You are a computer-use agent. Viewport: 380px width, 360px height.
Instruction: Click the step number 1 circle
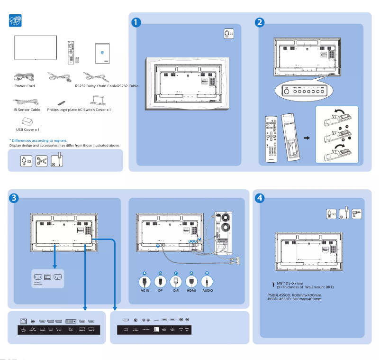pyautogui.click(x=136, y=22)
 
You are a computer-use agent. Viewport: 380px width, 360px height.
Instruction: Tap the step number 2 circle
pyautogui.click(x=259, y=22)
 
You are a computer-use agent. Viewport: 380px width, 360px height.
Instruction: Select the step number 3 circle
pyautogui.click(x=15, y=197)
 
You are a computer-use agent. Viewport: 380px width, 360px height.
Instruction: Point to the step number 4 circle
pyautogui.click(x=259, y=197)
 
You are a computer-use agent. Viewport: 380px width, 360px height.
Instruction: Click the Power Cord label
pyautogui.click(x=24, y=86)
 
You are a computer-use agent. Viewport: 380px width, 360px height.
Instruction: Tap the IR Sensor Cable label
pyautogui.click(x=27, y=110)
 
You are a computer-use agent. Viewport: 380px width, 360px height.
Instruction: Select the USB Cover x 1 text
pyautogui.click(x=27, y=129)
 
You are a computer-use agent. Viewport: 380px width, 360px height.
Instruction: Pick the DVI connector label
pyautogui.click(x=176, y=290)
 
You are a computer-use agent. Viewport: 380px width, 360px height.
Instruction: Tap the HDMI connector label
pyautogui.click(x=191, y=290)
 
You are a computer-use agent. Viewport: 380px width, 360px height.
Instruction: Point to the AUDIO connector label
pyautogui.click(x=208, y=290)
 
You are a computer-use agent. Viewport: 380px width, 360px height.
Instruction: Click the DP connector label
pyautogui.click(x=160, y=290)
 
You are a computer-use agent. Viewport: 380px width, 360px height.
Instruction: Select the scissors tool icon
pyautogui.click(x=42, y=161)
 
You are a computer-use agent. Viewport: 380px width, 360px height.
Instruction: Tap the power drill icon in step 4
pyautogui.click(x=357, y=214)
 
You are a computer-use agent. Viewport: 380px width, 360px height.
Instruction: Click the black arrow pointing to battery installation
pyautogui.click(x=307, y=138)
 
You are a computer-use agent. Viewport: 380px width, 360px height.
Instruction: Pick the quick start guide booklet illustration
pyautogui.click(x=102, y=53)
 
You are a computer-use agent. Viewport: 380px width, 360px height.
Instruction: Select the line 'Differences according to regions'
pyautogui.click(x=38, y=140)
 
